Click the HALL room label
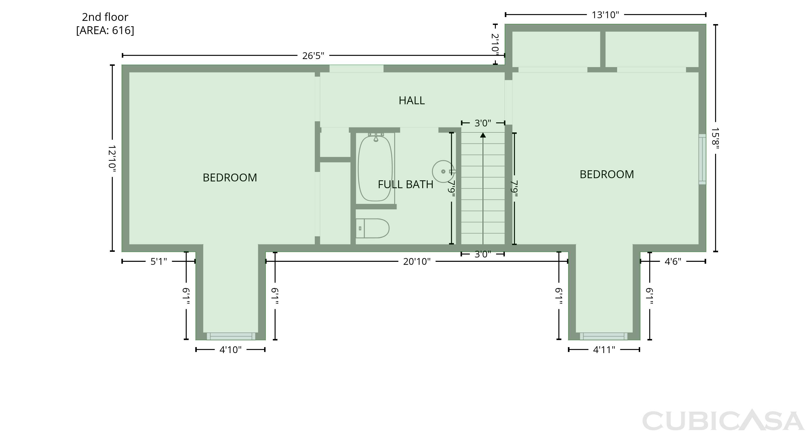(412, 100)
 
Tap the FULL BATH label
(405, 184)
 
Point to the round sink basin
(443, 171)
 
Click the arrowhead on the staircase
(483, 135)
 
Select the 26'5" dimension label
(313, 56)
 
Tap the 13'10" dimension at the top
(605, 15)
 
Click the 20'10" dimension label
(417, 262)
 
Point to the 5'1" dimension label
(159, 262)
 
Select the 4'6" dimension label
(673, 262)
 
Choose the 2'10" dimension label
(495, 44)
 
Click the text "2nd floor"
(105, 17)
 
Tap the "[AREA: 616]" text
(105, 31)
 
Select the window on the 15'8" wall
(702, 159)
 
